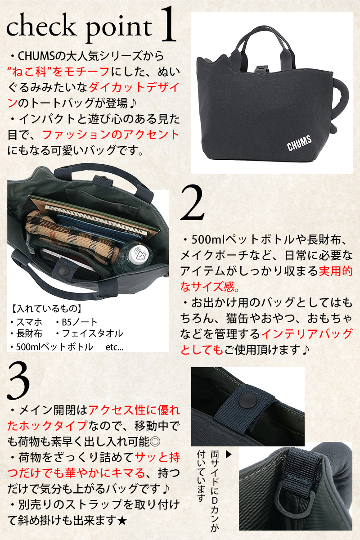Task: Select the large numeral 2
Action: (193, 202)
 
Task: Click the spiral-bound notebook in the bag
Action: (96, 220)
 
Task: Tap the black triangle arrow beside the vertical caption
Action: (228, 454)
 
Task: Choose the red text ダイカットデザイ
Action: (134, 87)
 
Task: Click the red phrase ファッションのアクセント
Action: (111, 135)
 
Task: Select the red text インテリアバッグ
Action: (307, 333)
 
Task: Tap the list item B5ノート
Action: (76, 322)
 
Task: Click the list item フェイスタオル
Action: (90, 333)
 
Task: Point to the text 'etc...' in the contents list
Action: (115, 347)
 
